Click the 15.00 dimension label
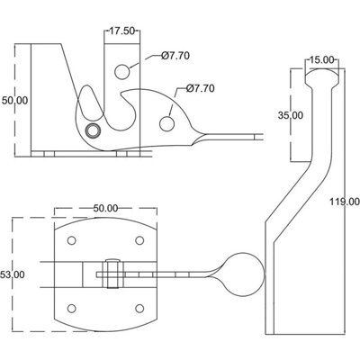pyautogui.click(x=321, y=59)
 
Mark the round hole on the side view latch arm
pyautogui.click(x=167, y=121)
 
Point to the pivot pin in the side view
pyautogui.click(x=91, y=131)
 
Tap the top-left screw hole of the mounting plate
pyautogui.click(x=70, y=240)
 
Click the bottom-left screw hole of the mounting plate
pyautogui.click(x=70, y=305)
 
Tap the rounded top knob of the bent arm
pyautogui.click(x=321, y=78)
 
